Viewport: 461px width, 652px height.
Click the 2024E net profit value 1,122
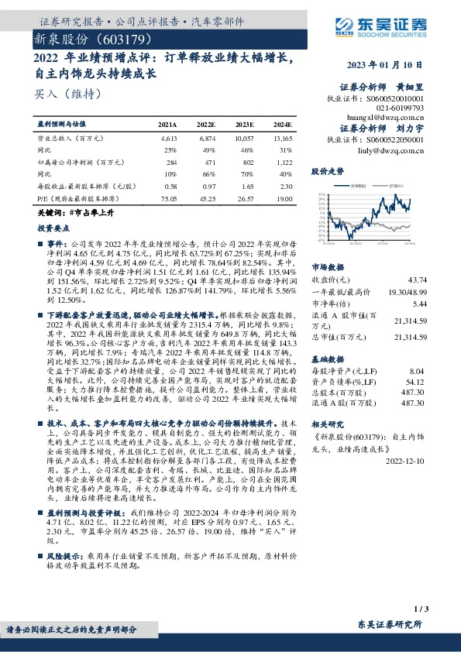[x=283, y=163]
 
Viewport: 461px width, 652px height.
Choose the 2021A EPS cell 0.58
[x=170, y=187]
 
